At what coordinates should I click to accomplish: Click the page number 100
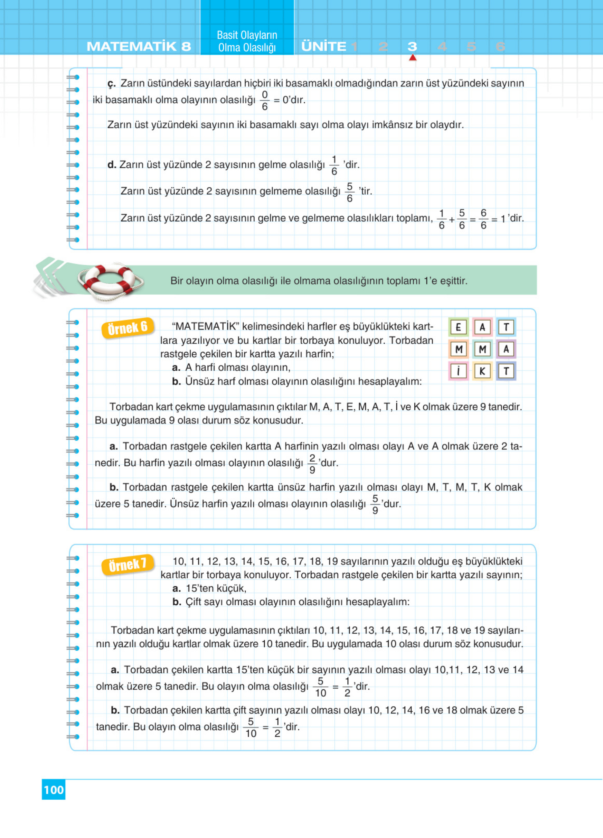[54, 790]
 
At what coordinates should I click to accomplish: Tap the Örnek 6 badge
[128, 328]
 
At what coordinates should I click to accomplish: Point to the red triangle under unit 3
[413, 58]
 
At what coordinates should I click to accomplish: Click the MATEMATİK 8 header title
[139, 47]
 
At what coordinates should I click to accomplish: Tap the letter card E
[458, 327]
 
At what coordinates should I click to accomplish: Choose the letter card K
[482, 371]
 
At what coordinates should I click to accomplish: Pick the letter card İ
[458, 371]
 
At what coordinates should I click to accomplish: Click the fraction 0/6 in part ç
[264, 100]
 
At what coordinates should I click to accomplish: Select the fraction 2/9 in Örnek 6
[312, 464]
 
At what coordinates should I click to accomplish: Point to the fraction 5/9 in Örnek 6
[375, 504]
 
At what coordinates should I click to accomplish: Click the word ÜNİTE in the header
[324, 47]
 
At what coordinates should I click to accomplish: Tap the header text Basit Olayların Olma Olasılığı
[247, 41]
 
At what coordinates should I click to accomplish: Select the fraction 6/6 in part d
[483, 219]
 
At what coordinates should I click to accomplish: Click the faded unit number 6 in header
[500, 47]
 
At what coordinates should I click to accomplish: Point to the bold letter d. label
[112, 165]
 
